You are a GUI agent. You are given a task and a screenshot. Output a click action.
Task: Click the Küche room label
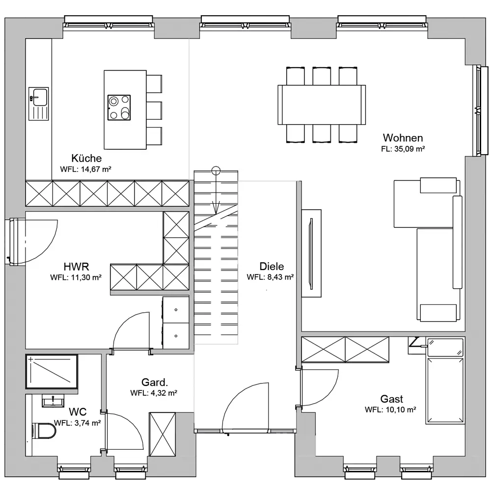pos(86,158)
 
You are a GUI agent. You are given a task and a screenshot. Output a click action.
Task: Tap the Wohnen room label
pos(403,138)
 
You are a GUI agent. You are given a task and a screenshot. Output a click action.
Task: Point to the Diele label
pos(272,267)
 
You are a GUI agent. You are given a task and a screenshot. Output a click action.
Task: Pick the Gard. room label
pos(155,382)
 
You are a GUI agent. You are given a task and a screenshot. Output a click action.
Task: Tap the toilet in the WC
pos(44,431)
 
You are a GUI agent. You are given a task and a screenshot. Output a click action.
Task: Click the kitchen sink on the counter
pos(38,104)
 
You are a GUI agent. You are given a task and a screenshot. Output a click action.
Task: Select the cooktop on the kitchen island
pos(119,108)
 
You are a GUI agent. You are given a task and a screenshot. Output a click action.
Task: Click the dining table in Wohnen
pos(322,105)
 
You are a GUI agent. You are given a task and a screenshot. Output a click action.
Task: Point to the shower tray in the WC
pos(52,371)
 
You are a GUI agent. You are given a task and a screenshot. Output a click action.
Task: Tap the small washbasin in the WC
pos(53,401)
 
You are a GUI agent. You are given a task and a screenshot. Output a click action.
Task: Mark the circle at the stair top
pos(216,171)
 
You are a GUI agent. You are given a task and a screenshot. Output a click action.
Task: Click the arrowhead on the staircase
pos(216,208)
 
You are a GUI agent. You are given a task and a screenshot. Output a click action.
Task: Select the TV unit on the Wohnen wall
pos(311,253)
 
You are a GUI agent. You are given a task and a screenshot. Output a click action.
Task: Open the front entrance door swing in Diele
pos(245,407)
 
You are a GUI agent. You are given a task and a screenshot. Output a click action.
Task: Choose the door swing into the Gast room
pos(320,388)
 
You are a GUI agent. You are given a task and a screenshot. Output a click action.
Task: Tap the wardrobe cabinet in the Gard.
pos(162,435)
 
